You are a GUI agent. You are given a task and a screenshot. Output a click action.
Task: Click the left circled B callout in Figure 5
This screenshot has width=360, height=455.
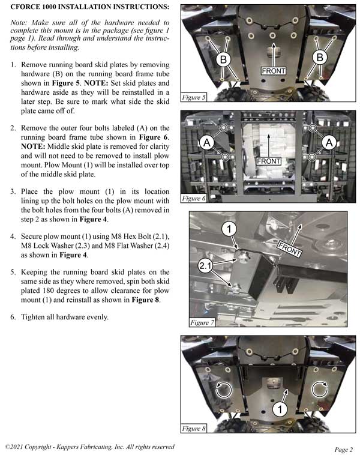pos(223,59)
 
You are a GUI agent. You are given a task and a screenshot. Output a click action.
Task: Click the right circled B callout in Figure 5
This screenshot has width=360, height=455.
pos(319,57)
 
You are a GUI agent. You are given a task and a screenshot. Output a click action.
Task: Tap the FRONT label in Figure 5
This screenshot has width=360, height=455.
pos(274,71)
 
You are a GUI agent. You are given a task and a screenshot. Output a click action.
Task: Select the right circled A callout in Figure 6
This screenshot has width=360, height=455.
pos(329,142)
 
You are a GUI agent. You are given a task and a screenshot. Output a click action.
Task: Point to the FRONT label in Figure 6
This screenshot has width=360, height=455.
pos(269,161)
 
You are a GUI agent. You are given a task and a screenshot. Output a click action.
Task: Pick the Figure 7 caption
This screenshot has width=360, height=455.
pos(201,322)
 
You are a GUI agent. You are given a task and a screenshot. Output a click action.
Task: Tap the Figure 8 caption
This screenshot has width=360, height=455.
pos(194,429)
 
